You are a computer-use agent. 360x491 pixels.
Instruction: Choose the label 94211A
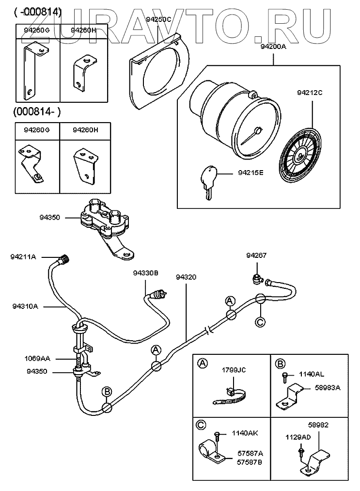[x=23, y=256]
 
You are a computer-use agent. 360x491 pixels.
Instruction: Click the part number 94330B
[x=146, y=273]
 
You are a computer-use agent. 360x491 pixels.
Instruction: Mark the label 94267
[x=256, y=255]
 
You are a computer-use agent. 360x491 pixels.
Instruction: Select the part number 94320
[x=187, y=277]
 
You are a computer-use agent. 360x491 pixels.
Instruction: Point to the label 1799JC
[x=234, y=370]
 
